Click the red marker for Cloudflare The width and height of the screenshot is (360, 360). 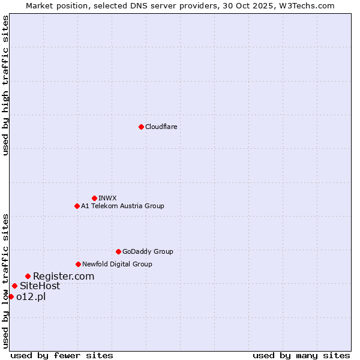click(141, 127)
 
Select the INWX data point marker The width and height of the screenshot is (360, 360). click(94, 198)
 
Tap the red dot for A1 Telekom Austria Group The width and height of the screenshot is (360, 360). click(77, 206)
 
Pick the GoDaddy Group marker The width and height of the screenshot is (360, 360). click(118, 251)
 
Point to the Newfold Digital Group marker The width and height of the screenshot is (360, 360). click(78, 264)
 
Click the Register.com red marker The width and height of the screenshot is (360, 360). click(28, 276)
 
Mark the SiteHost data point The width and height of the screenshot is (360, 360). click(14, 286)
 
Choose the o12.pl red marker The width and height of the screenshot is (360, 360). click(11, 296)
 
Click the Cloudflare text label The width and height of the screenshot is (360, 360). click(161, 127)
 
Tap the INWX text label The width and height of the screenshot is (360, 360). click(107, 198)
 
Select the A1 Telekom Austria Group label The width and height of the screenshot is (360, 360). click(122, 206)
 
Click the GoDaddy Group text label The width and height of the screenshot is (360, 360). click(148, 251)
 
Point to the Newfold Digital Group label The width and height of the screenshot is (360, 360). click(117, 264)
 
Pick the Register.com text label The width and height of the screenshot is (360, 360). click(64, 276)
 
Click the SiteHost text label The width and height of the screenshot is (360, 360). click(40, 286)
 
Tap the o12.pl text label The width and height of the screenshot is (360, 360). click(31, 296)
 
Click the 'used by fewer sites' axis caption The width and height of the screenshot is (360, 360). click(62, 355)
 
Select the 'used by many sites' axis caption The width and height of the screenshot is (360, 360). click(301, 355)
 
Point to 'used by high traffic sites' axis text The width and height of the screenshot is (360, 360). click(5, 85)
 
